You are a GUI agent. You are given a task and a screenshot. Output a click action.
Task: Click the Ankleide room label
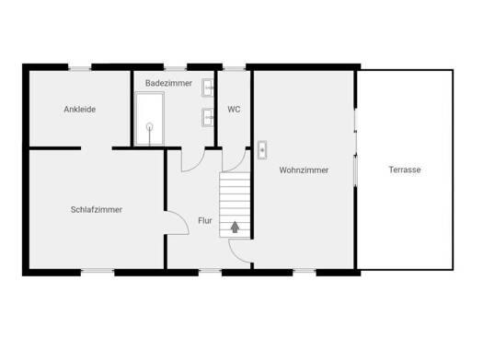tap(80, 110)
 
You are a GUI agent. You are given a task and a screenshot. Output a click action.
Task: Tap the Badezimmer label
tap(168, 83)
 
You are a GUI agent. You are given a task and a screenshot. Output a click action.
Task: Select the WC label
tap(234, 110)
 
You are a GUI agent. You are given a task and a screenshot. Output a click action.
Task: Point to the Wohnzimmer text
tap(304, 170)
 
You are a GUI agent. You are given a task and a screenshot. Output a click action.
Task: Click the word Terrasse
tap(405, 170)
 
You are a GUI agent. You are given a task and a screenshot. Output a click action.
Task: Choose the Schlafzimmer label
tap(97, 210)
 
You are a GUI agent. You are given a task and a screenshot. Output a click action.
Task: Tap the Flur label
tap(205, 221)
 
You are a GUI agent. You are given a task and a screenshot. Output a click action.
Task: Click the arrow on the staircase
tap(235, 227)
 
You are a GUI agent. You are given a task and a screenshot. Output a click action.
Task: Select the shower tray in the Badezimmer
tap(149, 119)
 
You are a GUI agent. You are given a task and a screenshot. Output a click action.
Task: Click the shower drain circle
tap(150, 126)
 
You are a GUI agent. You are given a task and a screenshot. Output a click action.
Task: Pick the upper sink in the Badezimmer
tap(208, 88)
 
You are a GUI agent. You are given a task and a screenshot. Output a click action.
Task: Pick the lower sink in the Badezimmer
tap(208, 117)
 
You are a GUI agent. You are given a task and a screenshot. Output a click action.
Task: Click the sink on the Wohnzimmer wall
tap(262, 150)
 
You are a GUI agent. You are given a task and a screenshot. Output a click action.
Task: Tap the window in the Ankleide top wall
tap(80, 68)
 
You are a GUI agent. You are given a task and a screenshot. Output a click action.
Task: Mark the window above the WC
tap(234, 68)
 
